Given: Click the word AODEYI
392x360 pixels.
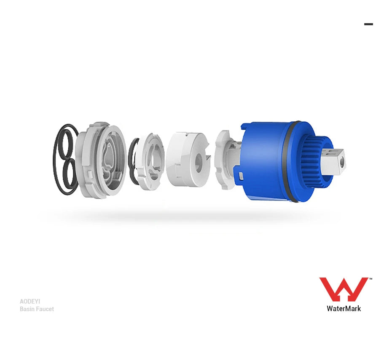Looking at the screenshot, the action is (x=30, y=301).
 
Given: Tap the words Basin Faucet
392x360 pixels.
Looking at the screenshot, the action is (x=37, y=309).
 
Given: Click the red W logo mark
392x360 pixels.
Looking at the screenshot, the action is (x=344, y=289).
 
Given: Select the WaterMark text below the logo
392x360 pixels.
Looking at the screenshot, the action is (x=344, y=309).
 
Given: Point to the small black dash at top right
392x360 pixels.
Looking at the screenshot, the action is (x=368, y=24).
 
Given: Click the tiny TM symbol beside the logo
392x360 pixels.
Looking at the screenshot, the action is (x=371, y=279).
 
